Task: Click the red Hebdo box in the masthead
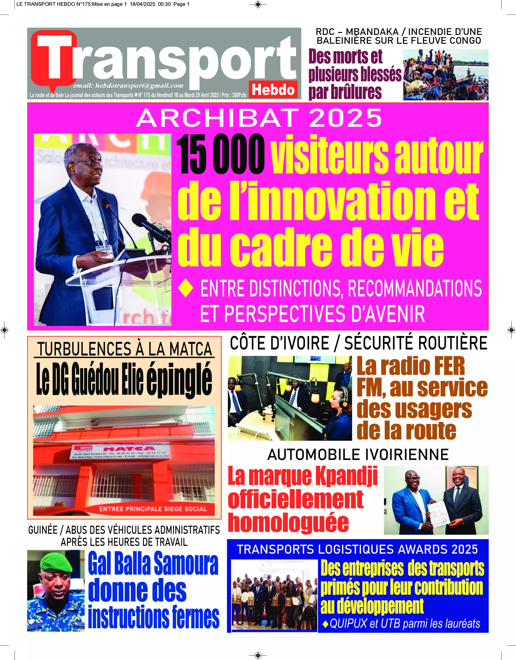point(273,90)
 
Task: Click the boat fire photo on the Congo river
point(446,75)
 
